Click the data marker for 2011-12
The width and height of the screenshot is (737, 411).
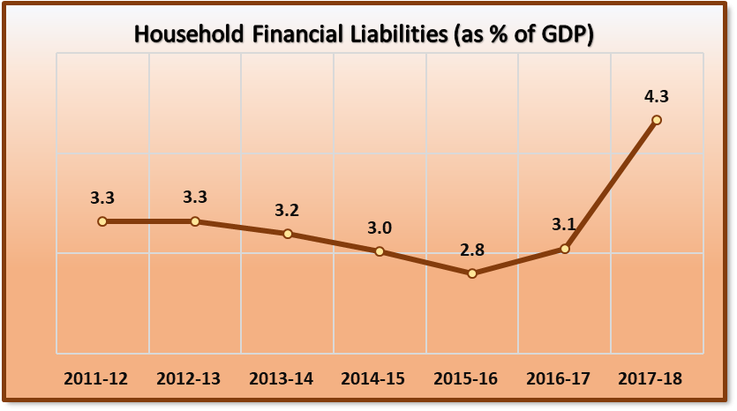pos(102,221)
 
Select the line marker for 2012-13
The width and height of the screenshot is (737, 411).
pos(195,221)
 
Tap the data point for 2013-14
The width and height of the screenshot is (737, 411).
pos(288,234)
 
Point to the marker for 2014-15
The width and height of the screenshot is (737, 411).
pos(380,251)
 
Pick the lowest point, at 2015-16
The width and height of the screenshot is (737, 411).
pos(472,273)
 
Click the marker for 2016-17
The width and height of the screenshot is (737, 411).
pos(565,249)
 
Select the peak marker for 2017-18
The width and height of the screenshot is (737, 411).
pos(656,120)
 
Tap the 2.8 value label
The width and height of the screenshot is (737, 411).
pos(472,250)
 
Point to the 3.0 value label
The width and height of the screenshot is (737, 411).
pos(380,228)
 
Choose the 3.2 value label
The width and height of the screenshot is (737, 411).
pos(288,210)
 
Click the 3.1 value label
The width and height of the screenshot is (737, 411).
pos(564,225)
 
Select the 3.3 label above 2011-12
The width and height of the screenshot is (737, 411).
pos(102,198)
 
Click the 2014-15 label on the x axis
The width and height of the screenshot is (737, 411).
pos(373,379)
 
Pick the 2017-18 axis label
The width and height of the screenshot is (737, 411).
pos(651,379)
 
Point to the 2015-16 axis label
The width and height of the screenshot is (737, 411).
pos(466,379)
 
